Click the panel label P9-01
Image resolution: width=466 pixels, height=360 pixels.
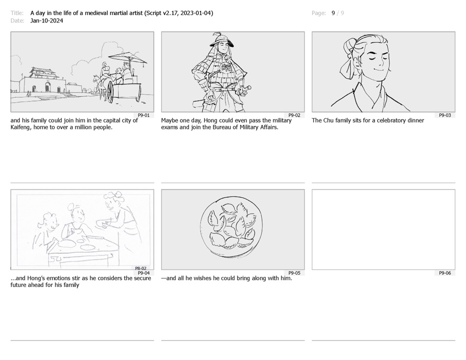click(x=143, y=115)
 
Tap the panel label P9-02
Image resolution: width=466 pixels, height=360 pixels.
click(x=294, y=115)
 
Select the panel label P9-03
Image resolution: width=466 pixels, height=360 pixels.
click(x=445, y=115)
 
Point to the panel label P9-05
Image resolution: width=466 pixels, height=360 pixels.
click(x=294, y=273)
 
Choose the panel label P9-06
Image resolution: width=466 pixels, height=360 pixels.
click(x=445, y=273)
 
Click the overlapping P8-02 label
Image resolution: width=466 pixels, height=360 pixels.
click(x=140, y=268)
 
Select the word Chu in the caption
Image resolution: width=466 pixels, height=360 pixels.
click(x=328, y=120)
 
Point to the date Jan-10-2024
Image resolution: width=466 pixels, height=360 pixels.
click(x=46, y=20)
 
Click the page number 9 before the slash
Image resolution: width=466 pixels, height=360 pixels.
click(x=333, y=13)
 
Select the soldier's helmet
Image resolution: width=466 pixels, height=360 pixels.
click(x=221, y=40)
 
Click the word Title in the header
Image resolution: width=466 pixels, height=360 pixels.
click(x=16, y=13)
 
